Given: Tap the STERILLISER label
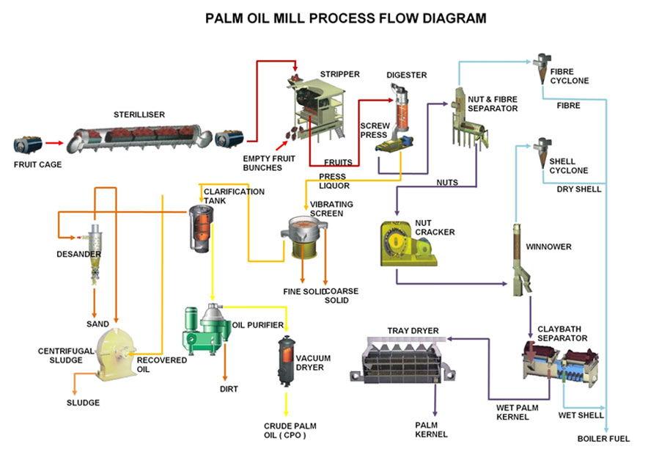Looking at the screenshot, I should coord(139,114).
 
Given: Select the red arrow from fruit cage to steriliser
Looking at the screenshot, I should coord(54,144).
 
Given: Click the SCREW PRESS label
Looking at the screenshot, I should coord(375,130).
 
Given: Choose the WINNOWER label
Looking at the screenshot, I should coord(548,247).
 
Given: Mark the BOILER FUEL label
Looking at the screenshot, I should coord(603,439).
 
